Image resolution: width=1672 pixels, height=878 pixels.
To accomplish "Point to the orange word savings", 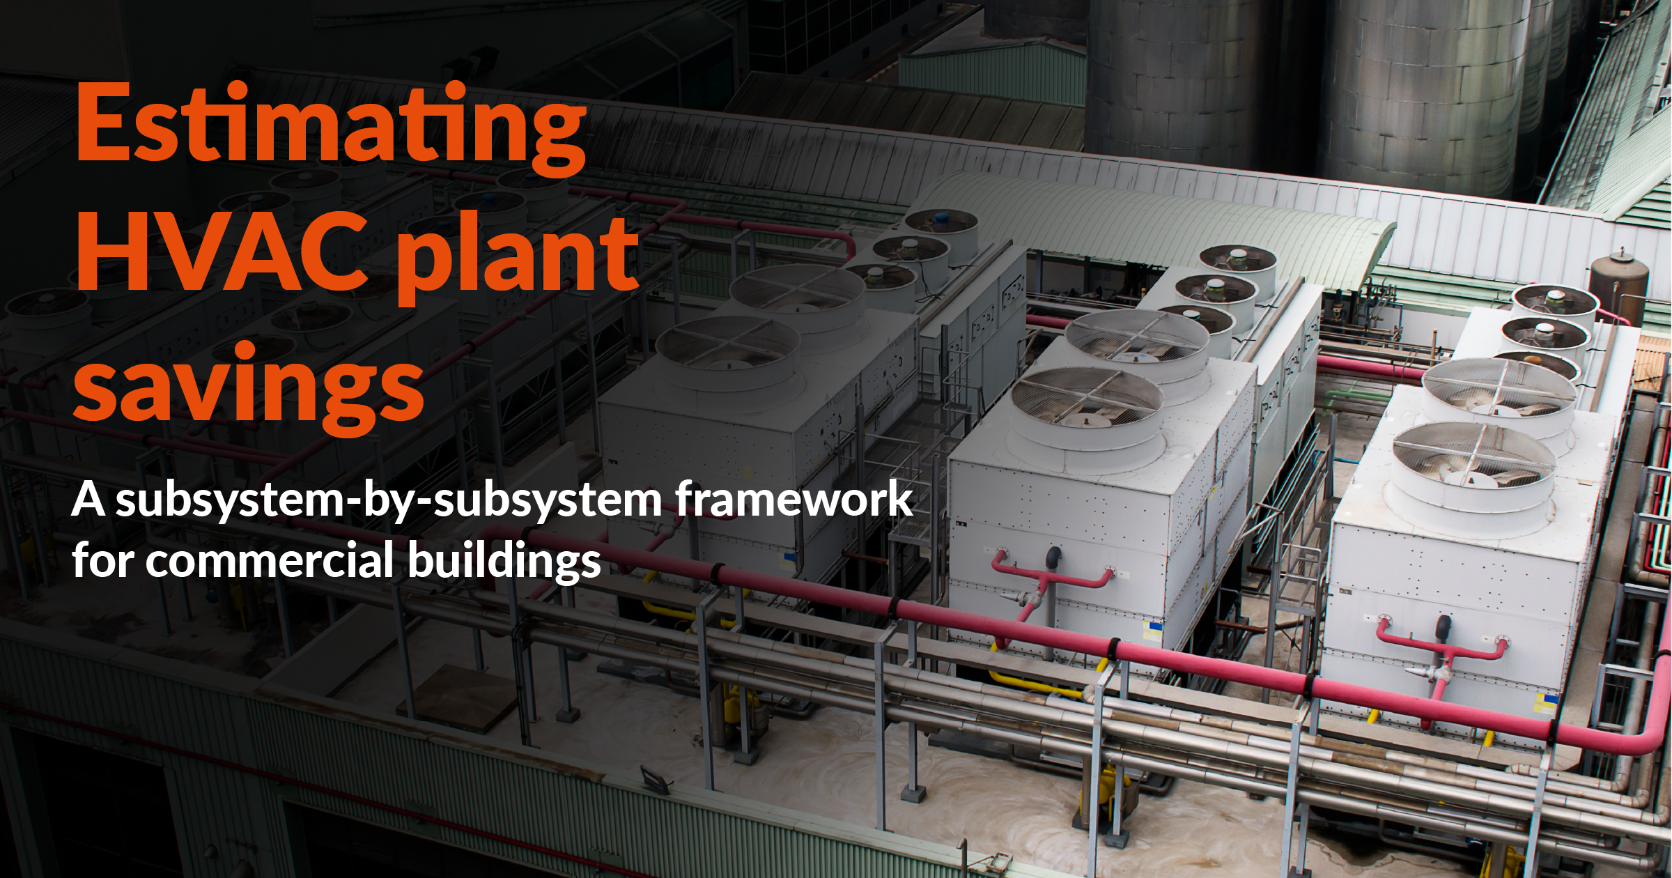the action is [x=248, y=386].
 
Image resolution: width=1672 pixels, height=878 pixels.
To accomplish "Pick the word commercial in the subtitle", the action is [x=270, y=560].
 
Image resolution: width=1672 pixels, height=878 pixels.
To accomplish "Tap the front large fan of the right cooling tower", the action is [x=1473, y=460].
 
